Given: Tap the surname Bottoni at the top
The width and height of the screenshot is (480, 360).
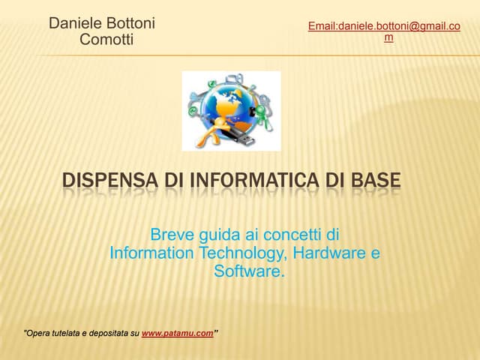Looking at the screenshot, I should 131,23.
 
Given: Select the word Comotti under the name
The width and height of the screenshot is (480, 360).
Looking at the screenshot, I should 106,40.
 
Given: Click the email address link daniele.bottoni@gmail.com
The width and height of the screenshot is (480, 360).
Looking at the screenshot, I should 384,27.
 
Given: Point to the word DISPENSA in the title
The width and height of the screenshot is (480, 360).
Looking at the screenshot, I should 109,181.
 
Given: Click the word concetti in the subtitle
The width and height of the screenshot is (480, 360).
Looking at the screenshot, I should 289,235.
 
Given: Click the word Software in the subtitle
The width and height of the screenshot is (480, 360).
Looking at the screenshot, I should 247,271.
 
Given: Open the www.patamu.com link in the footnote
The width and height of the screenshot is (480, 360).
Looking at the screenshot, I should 178,333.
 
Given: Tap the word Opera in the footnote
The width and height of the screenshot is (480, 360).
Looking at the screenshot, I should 37,333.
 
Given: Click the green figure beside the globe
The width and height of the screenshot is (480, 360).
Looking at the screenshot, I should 262,115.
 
